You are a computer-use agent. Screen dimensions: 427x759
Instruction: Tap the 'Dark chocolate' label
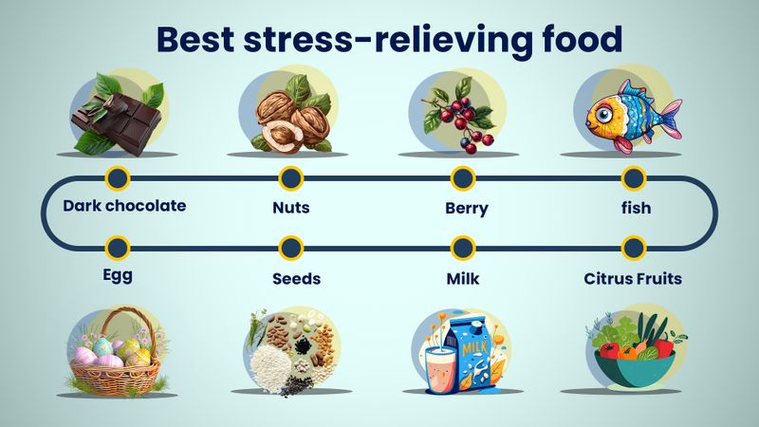124,205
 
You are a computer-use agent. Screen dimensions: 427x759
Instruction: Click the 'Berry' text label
466,208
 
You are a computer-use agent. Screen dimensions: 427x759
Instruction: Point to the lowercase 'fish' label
635,206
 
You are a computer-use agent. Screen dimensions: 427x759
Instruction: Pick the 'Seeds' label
295,278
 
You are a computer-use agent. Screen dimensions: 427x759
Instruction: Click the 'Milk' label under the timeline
465,278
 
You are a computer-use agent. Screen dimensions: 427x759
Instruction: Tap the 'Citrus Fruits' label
633,278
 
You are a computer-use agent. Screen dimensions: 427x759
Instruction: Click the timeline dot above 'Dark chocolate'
118,177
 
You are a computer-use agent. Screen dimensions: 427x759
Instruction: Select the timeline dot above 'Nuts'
291,177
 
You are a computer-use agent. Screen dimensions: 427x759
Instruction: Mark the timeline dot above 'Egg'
118,249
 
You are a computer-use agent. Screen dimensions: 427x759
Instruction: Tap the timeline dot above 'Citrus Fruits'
633,249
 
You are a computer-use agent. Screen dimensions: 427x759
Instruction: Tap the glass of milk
441,362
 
